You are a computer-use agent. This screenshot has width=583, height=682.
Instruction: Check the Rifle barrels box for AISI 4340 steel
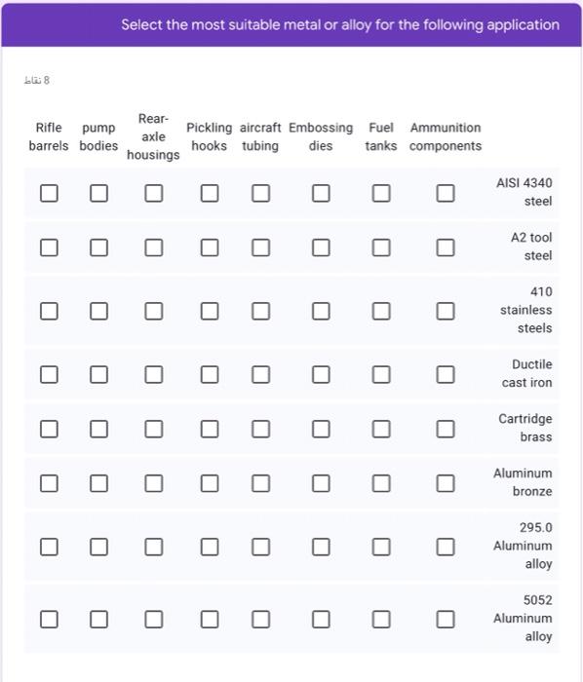point(49,193)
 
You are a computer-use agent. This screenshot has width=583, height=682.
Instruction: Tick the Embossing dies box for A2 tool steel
point(321,247)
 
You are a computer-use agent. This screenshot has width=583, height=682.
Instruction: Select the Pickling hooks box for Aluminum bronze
point(210,483)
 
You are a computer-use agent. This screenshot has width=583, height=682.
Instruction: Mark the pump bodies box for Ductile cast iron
point(98,374)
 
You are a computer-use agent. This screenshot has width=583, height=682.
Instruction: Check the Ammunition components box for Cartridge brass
point(446,429)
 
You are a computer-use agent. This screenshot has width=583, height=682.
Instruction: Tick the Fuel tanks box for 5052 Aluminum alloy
point(381,619)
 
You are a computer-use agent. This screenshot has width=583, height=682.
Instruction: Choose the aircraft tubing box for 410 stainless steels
point(260,311)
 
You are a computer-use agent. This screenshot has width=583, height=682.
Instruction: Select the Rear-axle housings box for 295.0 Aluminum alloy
point(154,547)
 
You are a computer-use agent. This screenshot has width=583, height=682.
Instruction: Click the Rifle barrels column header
point(49,136)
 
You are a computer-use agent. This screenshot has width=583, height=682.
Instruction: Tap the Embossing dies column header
point(321,136)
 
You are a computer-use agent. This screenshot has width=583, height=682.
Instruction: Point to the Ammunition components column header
point(446,136)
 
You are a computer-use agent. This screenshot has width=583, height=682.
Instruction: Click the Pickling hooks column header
point(210,136)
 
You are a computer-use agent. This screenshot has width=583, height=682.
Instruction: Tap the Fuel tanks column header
point(381,136)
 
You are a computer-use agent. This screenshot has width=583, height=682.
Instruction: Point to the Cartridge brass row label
point(525,428)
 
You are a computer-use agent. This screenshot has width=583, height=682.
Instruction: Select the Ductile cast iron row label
point(527,373)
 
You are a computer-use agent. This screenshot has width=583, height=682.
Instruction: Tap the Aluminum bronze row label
point(523,482)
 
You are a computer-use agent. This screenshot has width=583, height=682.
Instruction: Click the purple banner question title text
point(340,24)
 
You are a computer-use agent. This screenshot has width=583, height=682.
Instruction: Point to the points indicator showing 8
point(36,80)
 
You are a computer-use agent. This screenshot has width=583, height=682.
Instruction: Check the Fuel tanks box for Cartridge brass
point(381,429)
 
